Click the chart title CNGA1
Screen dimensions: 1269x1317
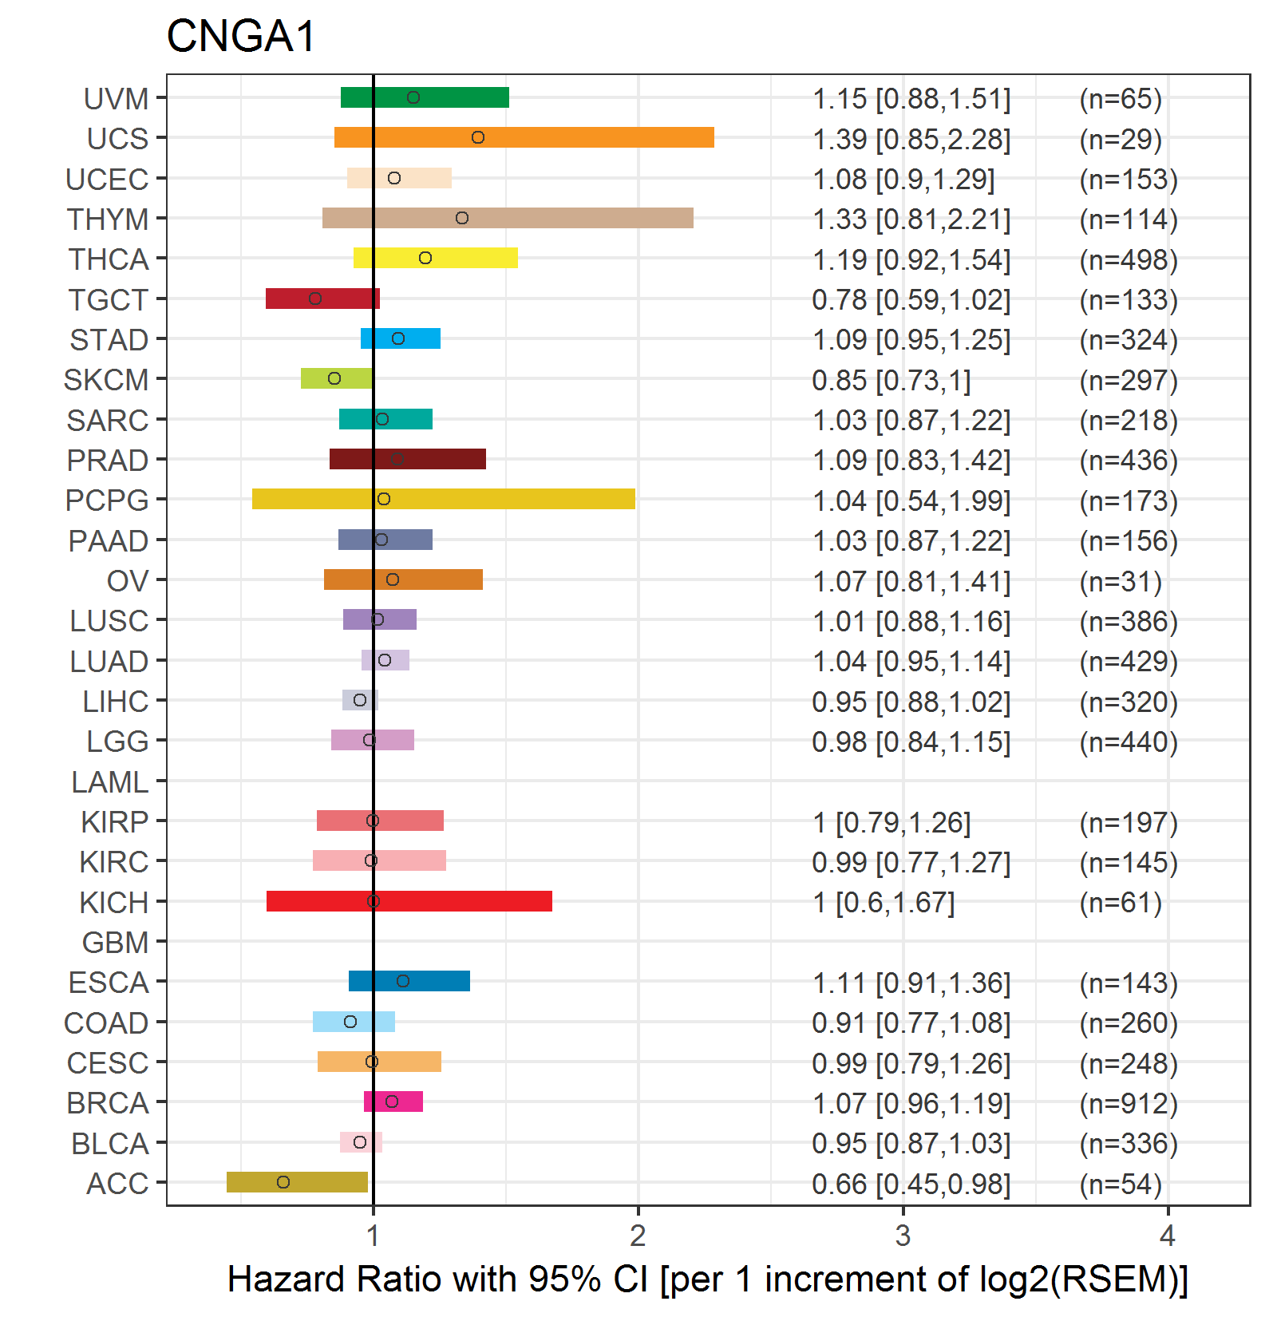pyautogui.click(x=241, y=37)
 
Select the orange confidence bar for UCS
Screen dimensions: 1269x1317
pyautogui.click(x=524, y=137)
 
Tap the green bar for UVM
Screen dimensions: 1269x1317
pyautogui.click(x=425, y=97)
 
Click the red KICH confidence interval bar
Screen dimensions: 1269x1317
pyautogui.click(x=409, y=901)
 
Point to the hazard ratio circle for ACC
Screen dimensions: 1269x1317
pyautogui.click(x=283, y=1182)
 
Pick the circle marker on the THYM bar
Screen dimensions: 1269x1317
pyautogui.click(x=462, y=218)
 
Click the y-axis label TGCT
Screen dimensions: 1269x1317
pyautogui.click(x=109, y=300)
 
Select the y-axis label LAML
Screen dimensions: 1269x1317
pyautogui.click(x=110, y=782)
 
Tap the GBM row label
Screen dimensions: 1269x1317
pyautogui.click(x=116, y=943)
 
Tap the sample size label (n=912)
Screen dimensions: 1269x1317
pyautogui.click(x=1129, y=1104)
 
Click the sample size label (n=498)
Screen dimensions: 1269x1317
pyautogui.click(x=1129, y=260)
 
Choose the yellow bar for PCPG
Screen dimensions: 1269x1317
pyautogui.click(x=444, y=499)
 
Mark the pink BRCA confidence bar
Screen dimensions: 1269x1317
pyautogui.click(x=393, y=1101)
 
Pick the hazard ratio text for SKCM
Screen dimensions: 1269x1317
pyautogui.click(x=891, y=381)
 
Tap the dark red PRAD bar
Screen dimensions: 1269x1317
pyautogui.click(x=408, y=459)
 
